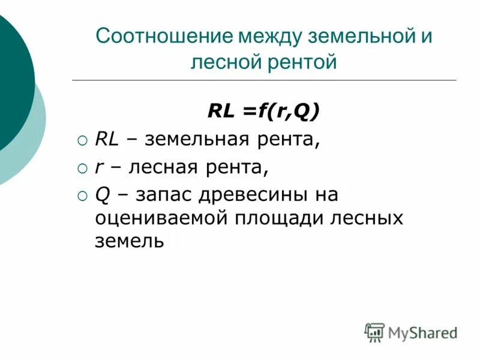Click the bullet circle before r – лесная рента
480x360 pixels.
[x=83, y=169]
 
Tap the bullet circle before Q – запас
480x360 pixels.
[x=83, y=196]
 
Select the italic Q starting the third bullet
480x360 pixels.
[x=101, y=195]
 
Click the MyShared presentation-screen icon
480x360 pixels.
[x=374, y=332]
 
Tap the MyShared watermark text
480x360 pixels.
[x=422, y=332]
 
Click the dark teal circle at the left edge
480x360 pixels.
[x=12, y=84]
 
